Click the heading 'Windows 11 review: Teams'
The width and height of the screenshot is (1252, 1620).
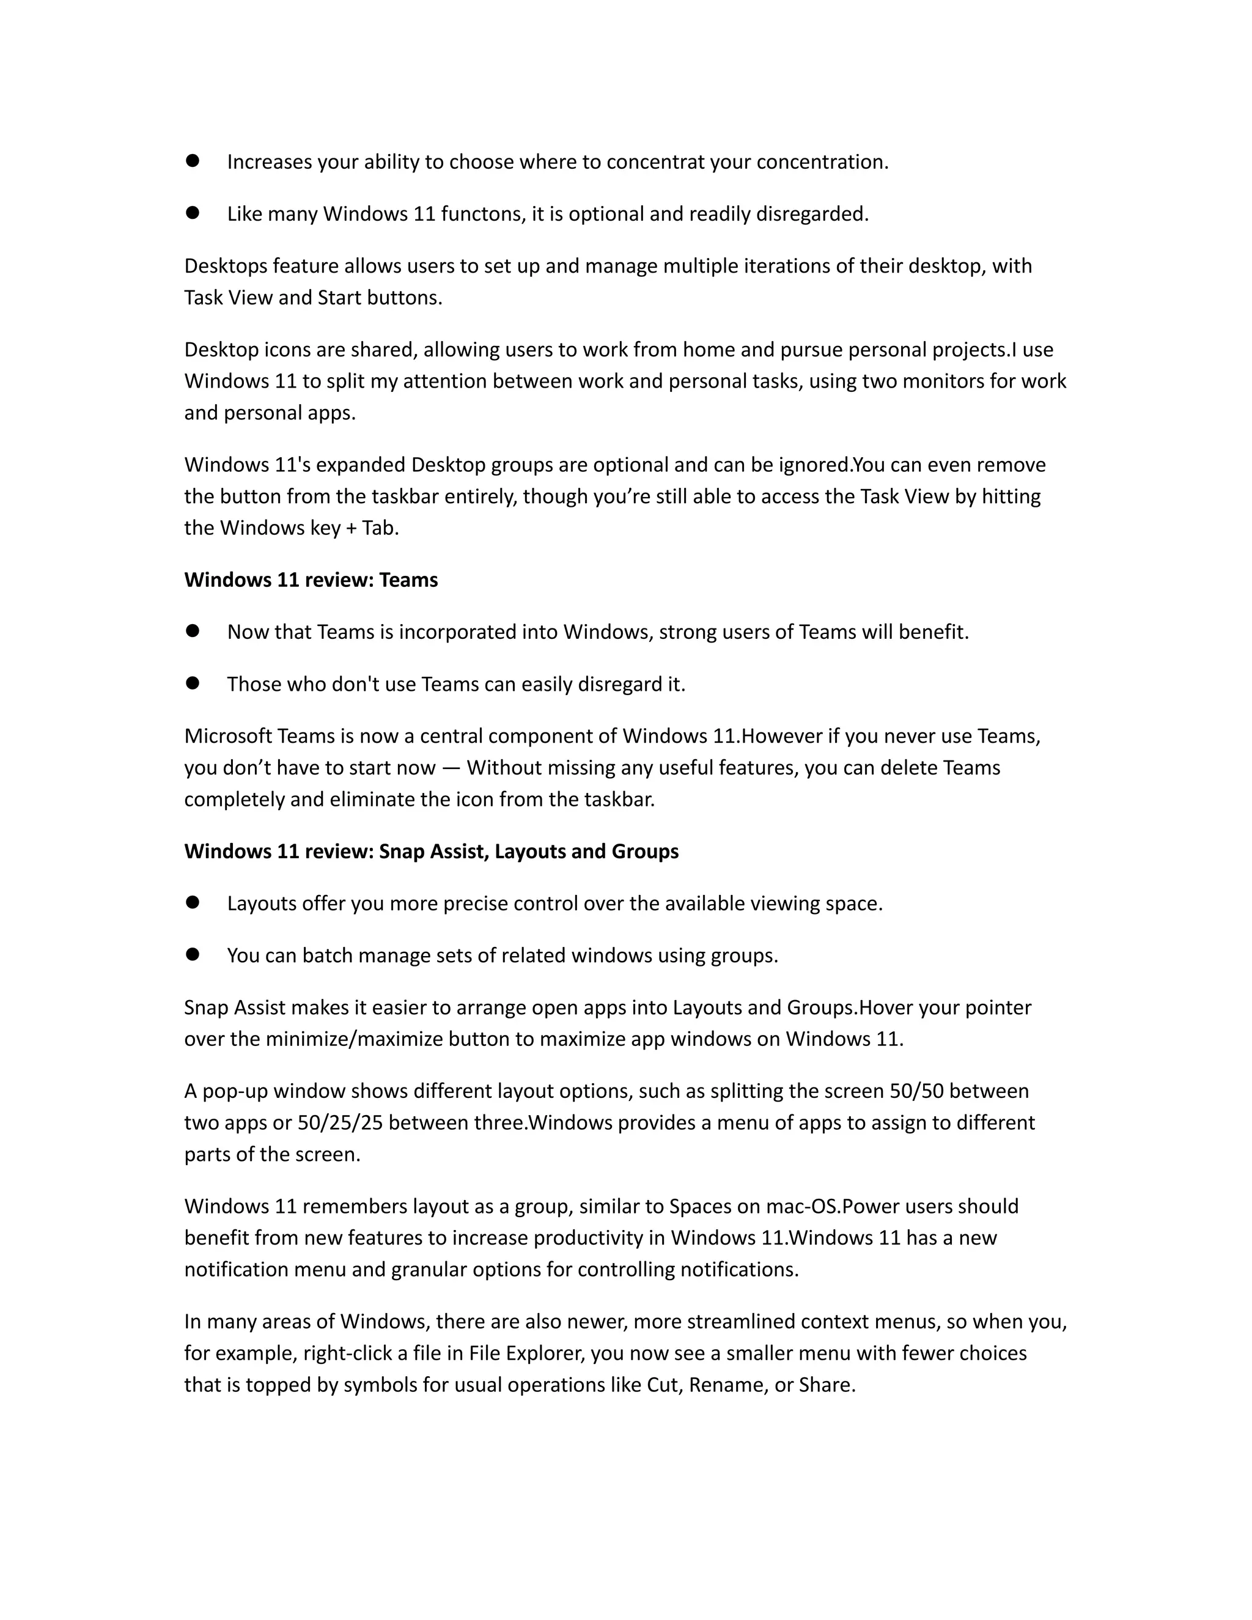coord(311,580)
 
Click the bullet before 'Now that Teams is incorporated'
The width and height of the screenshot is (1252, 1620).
coord(193,631)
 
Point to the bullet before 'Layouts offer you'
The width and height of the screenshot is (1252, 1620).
coord(193,903)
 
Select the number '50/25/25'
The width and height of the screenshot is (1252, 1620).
coord(340,1122)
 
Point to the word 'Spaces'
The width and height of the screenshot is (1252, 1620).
coord(699,1207)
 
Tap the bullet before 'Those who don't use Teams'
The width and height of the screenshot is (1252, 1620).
coord(193,683)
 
